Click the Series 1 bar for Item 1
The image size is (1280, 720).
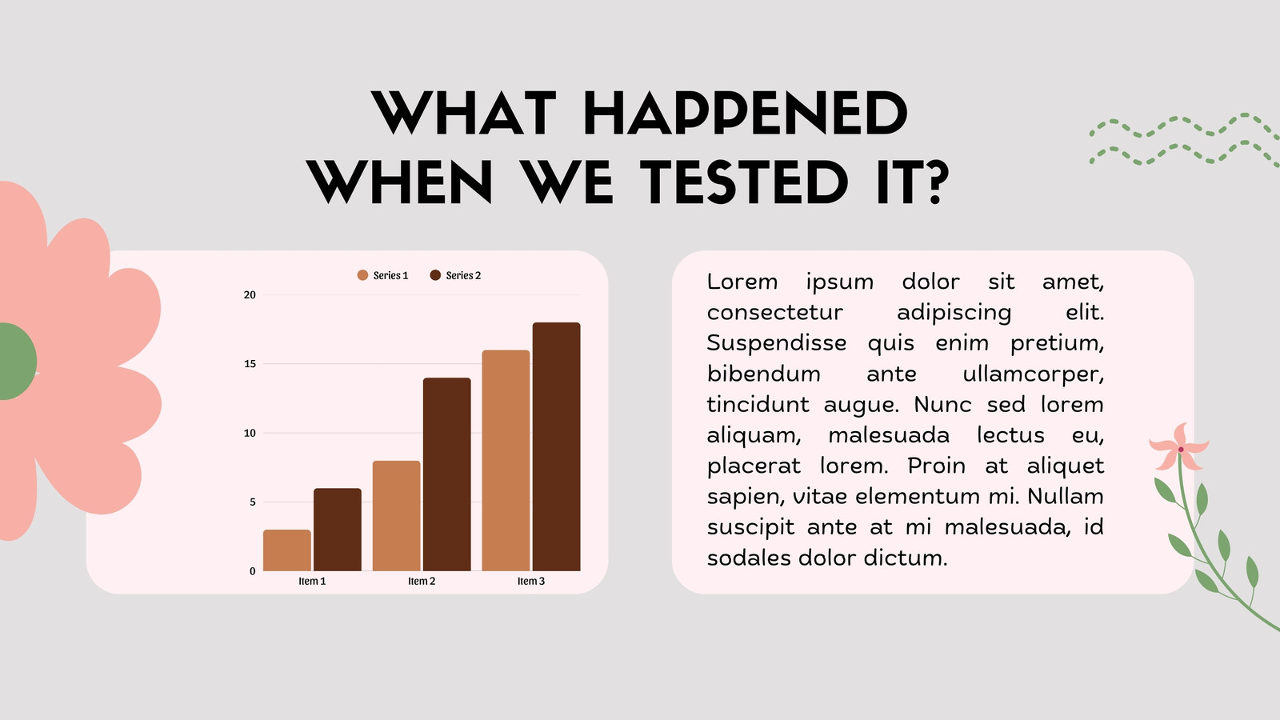click(287, 550)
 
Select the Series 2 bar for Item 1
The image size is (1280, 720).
click(337, 530)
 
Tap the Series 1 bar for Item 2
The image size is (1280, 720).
click(396, 515)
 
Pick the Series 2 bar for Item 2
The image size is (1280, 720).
click(447, 474)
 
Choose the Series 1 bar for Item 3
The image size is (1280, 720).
click(506, 461)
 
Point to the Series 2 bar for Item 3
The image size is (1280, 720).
click(557, 447)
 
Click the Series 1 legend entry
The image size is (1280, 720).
click(382, 275)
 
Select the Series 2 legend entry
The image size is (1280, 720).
click(455, 275)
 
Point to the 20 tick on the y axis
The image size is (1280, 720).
click(250, 295)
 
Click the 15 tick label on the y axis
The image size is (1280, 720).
click(250, 364)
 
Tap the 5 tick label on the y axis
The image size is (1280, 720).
click(253, 502)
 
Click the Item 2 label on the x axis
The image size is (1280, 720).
click(422, 581)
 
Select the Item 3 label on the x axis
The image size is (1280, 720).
click(531, 581)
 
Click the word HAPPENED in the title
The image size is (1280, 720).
click(745, 113)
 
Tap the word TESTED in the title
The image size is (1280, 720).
click(743, 182)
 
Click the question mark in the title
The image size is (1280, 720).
click(935, 182)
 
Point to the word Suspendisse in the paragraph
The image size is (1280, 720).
click(777, 343)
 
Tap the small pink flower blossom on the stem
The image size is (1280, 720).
click(1179, 447)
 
